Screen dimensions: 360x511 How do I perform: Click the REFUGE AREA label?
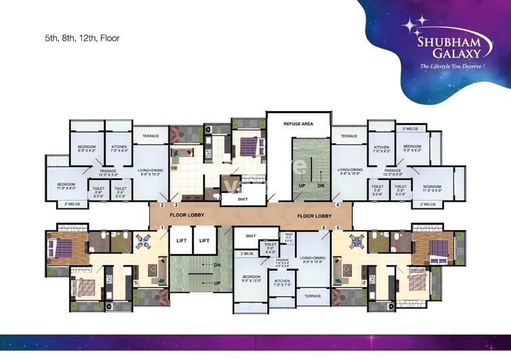click(x=298, y=125)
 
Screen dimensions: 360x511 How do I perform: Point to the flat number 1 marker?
click(x=162, y=228)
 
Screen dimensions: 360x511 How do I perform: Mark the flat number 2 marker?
click(x=162, y=204)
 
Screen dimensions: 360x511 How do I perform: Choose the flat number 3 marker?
click(x=175, y=204)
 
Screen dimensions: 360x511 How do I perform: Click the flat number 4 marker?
click(x=337, y=204)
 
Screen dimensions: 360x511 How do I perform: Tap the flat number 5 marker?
click(x=338, y=228)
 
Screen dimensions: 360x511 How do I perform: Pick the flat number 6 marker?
click(x=324, y=228)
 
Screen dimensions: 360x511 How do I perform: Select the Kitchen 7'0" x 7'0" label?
click(x=282, y=282)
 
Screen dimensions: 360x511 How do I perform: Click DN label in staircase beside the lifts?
click(x=217, y=265)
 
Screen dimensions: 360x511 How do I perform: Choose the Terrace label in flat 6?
click(x=312, y=296)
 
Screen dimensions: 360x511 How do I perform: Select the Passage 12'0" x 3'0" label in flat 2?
click(x=109, y=172)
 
